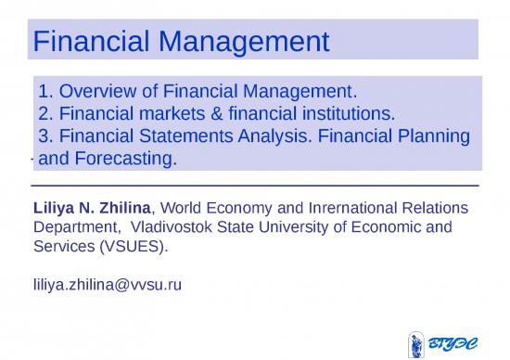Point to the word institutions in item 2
click(338, 114)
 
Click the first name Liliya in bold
click(55, 207)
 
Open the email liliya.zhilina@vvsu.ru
click(107, 284)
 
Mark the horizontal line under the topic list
click(255, 186)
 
